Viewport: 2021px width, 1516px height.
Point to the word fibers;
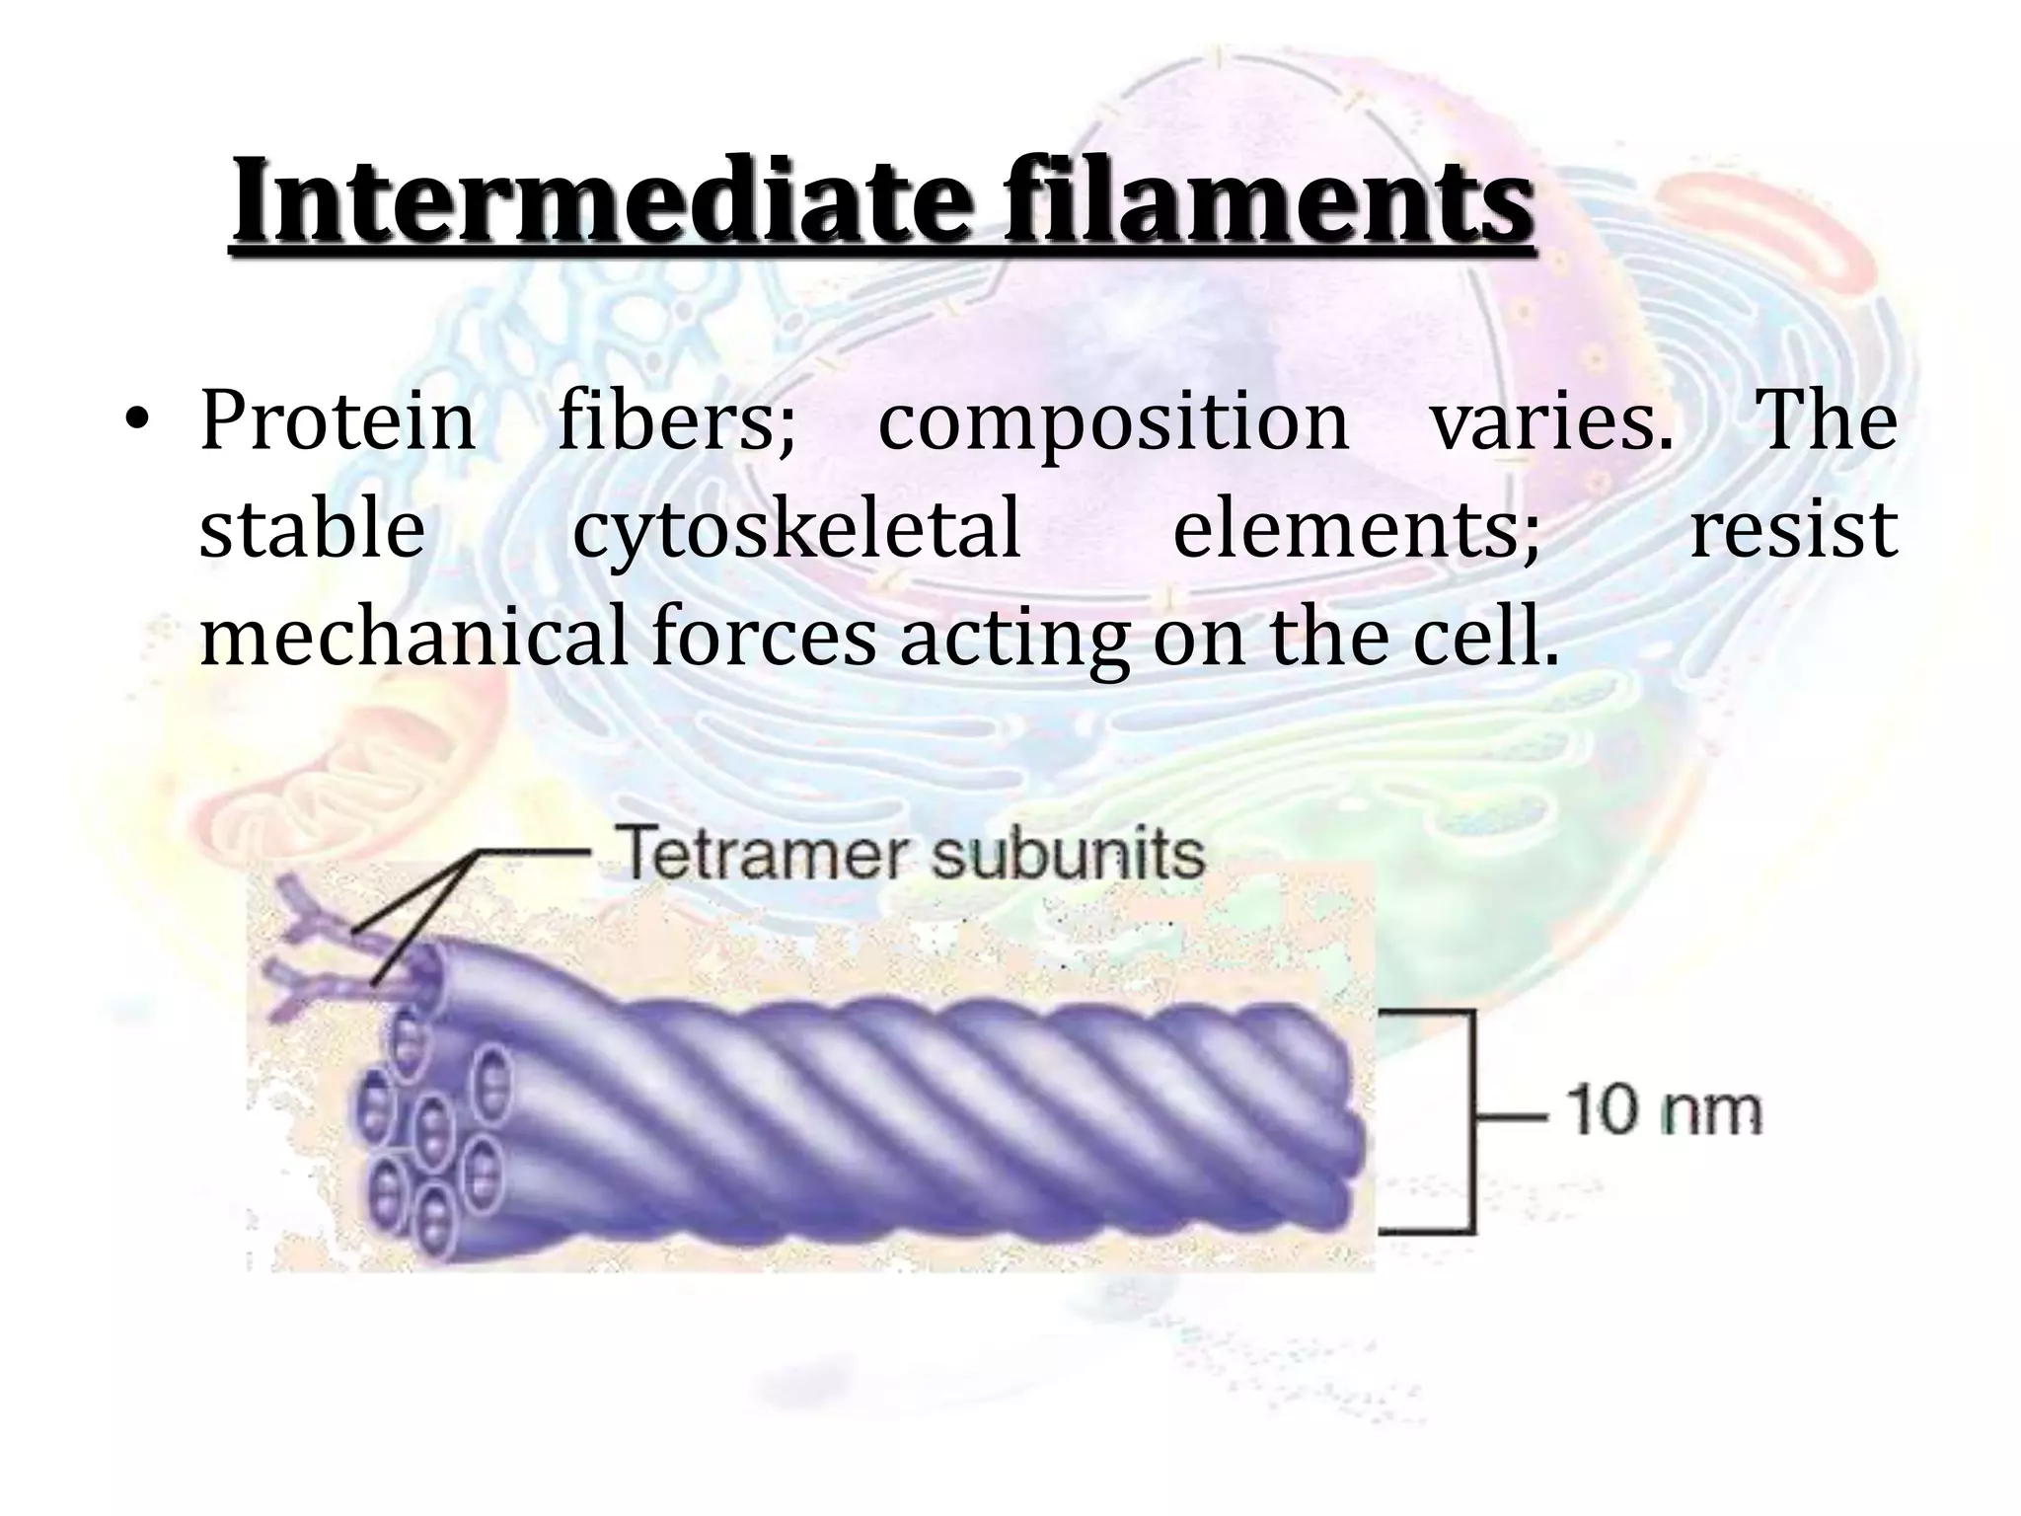coord(677,422)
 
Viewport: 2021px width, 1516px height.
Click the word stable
coord(312,529)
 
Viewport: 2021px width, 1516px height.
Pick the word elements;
coord(1356,531)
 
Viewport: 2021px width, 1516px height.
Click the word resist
coord(1794,529)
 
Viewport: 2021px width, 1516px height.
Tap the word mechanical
coord(413,637)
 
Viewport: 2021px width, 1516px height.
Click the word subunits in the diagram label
coord(1069,854)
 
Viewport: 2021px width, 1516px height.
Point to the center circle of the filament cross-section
coord(431,1124)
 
